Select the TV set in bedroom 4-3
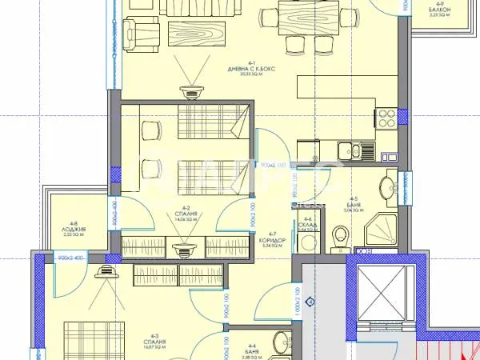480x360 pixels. [105, 273]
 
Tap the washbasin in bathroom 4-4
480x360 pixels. [280, 344]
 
